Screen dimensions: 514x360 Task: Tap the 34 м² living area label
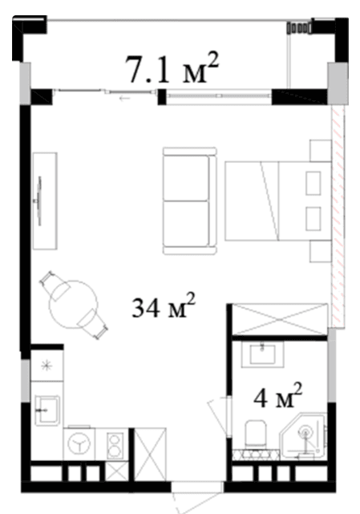click(x=164, y=306)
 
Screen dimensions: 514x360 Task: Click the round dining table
click(x=73, y=303)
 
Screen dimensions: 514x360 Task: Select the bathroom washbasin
click(x=264, y=353)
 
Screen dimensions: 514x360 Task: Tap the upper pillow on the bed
click(x=314, y=183)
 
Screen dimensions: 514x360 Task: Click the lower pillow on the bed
click(x=314, y=218)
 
